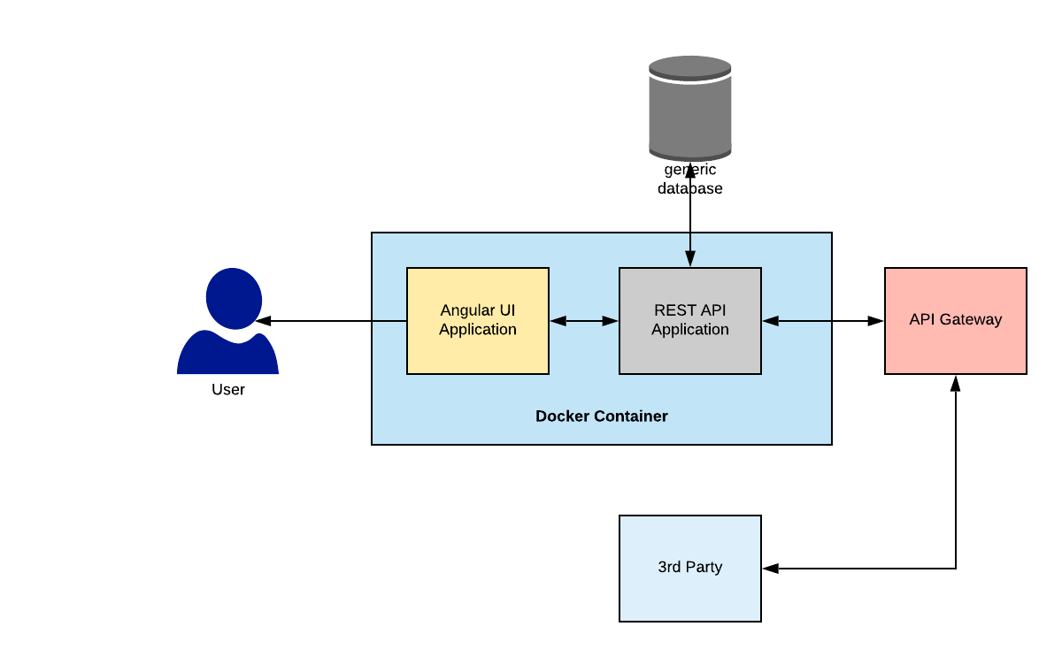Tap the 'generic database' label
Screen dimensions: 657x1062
[689, 180]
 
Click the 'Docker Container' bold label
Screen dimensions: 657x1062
[602, 416]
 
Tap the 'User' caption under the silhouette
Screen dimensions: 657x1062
[228, 389]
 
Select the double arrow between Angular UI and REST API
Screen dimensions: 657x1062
[584, 321]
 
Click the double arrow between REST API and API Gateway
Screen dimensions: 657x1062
[823, 321]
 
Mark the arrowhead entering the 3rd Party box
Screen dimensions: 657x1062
[770, 569]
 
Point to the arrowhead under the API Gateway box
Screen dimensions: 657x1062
[956, 383]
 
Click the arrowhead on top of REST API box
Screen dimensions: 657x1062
[689, 259]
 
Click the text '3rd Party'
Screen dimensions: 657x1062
[689, 567]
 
